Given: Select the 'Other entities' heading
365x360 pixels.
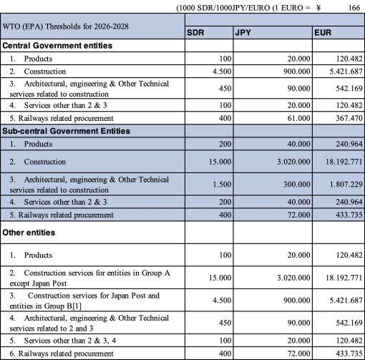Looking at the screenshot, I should pyautogui.click(x=30, y=233).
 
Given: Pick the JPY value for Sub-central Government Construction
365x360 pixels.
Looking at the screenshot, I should pyautogui.click(x=281, y=162).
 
